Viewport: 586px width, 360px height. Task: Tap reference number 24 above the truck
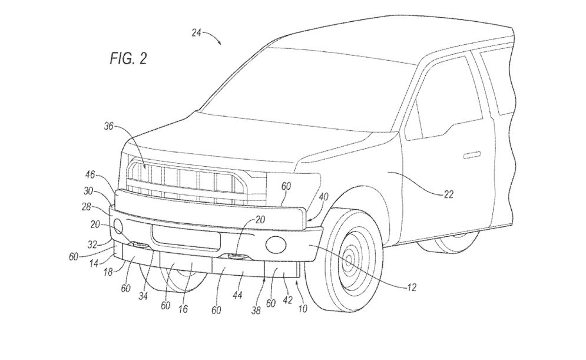[x=197, y=34]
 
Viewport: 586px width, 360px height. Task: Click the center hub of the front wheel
[x=352, y=258]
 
